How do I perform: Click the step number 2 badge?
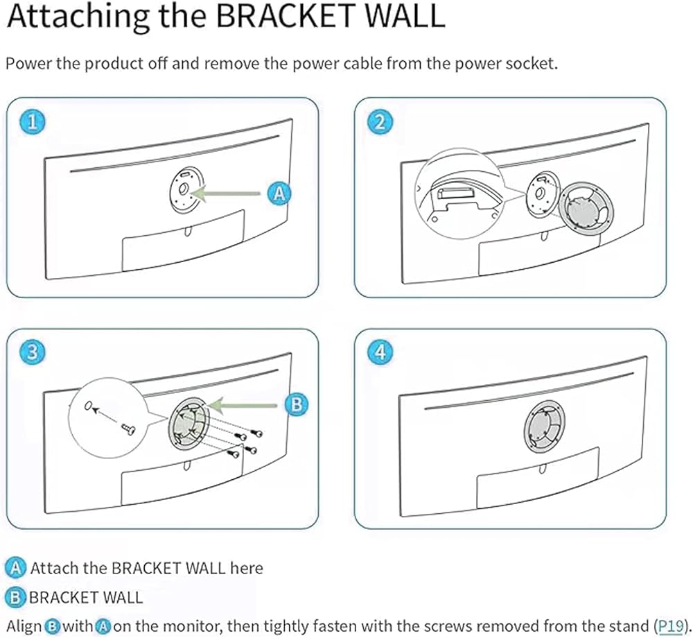(379, 123)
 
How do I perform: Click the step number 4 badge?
(379, 352)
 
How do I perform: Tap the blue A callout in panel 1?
(279, 193)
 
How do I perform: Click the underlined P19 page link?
(669, 625)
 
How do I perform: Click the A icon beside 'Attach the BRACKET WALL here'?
(17, 568)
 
